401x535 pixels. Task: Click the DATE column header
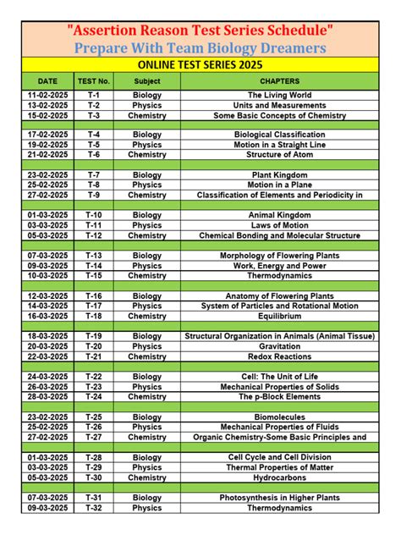coord(48,80)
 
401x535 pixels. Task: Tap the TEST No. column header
coord(94,80)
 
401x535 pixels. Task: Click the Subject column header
coord(146,80)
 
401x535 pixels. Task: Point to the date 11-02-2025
coord(48,95)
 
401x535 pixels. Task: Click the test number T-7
coord(94,175)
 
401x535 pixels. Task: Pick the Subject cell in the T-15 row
coord(146,276)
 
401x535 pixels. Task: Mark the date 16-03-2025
coord(48,316)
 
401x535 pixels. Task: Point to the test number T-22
coord(94,377)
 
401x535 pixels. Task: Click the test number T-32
coord(94,508)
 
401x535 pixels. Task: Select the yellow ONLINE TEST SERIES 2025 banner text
coord(200,64)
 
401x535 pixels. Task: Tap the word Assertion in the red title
coord(109,30)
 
